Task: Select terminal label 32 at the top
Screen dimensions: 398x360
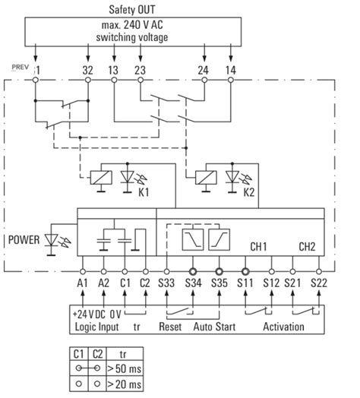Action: click(87, 70)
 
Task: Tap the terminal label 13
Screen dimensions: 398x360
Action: click(114, 70)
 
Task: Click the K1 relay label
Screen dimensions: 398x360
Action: click(143, 193)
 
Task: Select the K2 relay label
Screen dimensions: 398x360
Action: click(248, 193)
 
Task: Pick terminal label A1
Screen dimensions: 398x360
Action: click(83, 284)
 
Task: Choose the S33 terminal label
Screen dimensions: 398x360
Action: click(169, 284)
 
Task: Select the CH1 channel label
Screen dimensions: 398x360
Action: click(260, 247)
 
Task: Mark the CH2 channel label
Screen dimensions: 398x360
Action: click(307, 247)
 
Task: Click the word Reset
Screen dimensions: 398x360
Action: click(170, 327)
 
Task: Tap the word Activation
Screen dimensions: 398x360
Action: click(283, 327)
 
